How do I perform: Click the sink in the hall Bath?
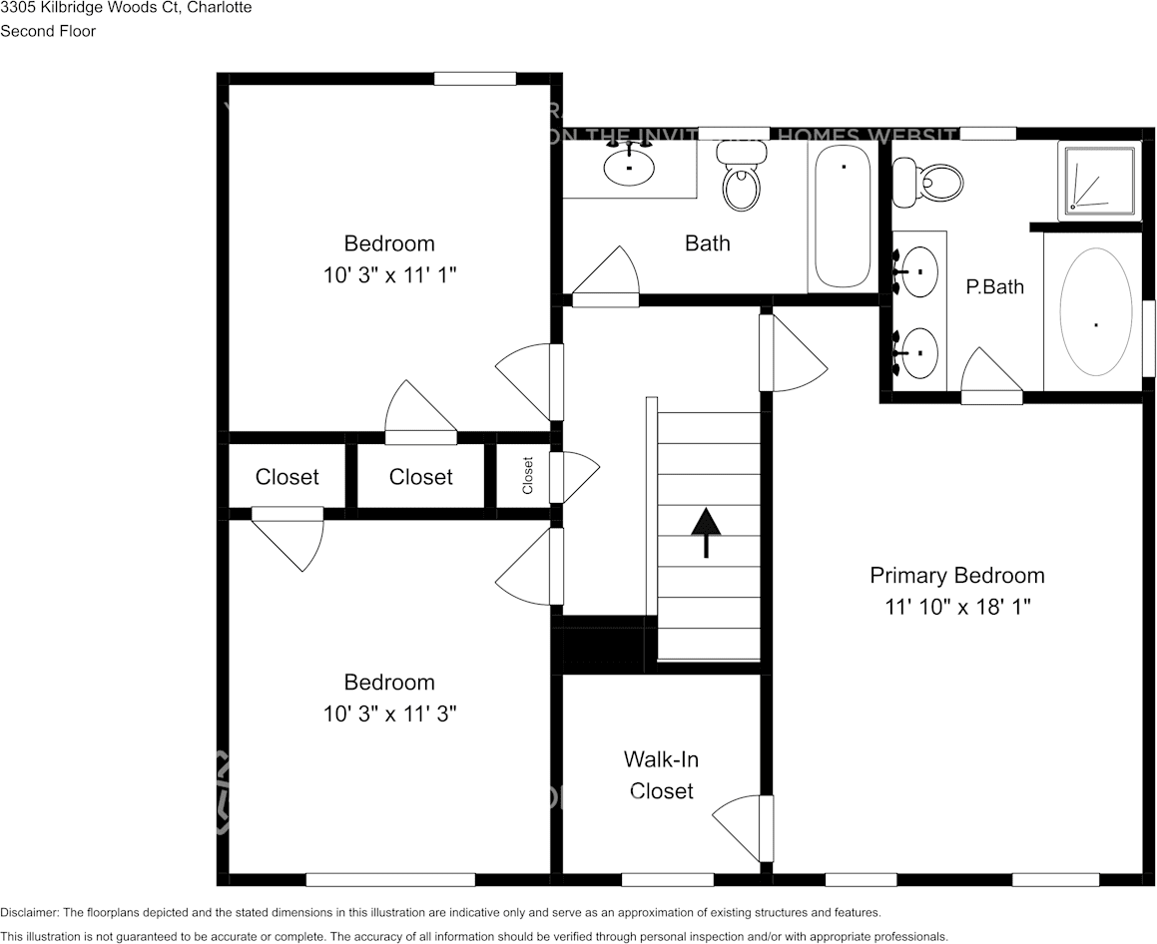[x=629, y=168]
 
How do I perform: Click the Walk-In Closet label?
[x=661, y=775]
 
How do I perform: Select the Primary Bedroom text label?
[x=956, y=576]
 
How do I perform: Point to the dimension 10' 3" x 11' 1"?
[x=389, y=275]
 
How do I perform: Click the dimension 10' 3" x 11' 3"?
[x=389, y=714]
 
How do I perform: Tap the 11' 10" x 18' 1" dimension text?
[x=956, y=607]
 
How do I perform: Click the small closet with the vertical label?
[x=526, y=476]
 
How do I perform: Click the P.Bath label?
[x=994, y=287]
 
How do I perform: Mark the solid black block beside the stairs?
[x=603, y=645]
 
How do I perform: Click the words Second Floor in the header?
[x=48, y=31]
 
